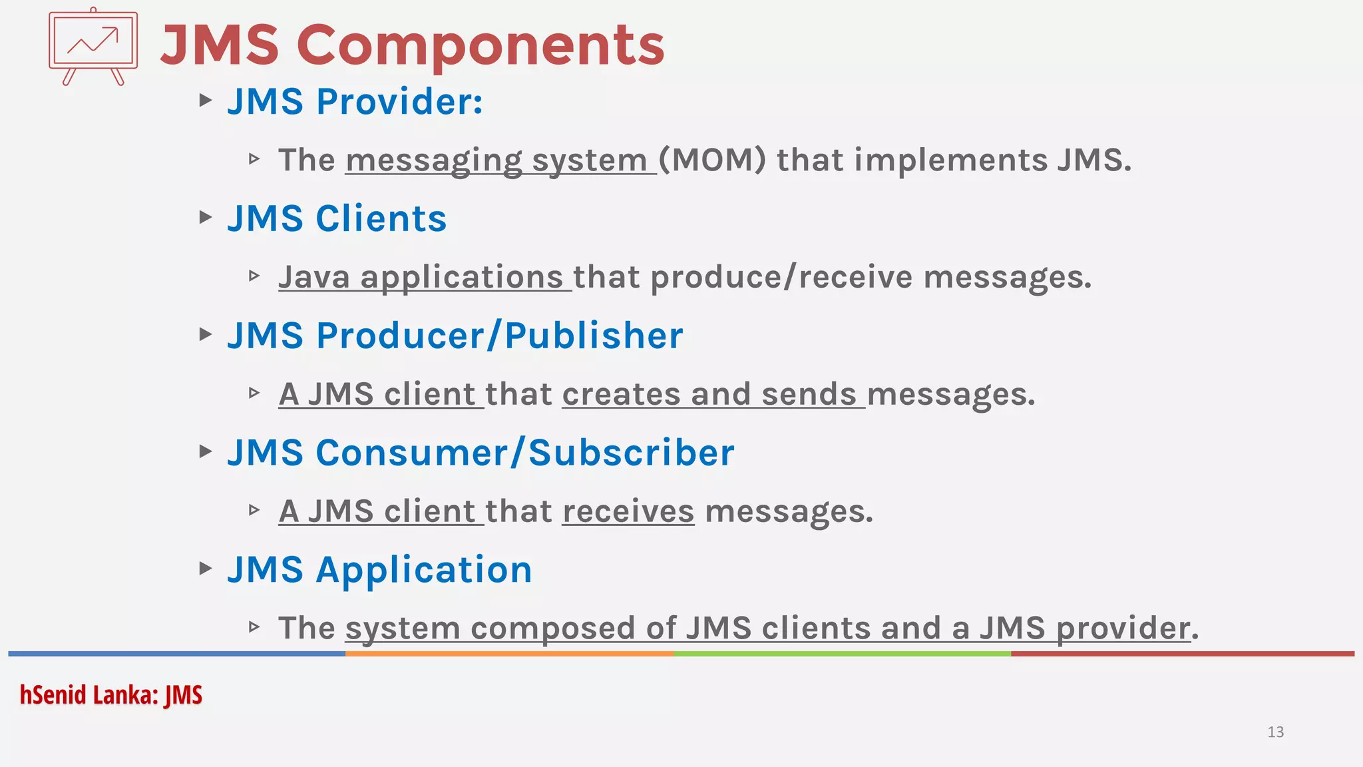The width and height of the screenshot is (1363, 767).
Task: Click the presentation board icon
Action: coord(93,45)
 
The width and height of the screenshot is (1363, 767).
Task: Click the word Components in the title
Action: coord(485,45)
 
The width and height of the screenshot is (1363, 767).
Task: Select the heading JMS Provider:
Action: coord(355,102)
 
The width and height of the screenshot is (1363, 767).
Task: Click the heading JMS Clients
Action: coord(337,219)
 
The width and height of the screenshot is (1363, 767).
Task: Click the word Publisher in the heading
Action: coord(594,336)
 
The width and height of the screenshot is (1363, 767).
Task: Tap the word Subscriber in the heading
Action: coord(632,453)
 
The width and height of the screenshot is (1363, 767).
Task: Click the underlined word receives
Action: coord(628,511)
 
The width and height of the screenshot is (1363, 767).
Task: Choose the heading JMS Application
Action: coord(379,570)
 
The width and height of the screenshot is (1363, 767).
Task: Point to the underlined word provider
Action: coord(1123,629)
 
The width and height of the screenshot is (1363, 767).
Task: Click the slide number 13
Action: coord(1275,732)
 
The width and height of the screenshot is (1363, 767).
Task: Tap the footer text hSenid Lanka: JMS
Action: coord(111,695)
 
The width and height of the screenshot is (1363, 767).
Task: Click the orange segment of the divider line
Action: coord(509,654)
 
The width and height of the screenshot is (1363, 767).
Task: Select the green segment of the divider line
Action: coord(842,654)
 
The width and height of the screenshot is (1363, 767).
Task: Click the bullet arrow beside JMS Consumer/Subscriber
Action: coord(206,452)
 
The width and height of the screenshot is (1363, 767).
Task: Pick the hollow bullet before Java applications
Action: coord(254,276)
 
